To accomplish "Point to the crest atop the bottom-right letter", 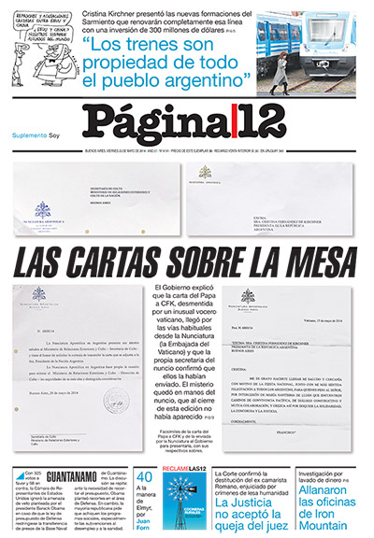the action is point(247,296).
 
